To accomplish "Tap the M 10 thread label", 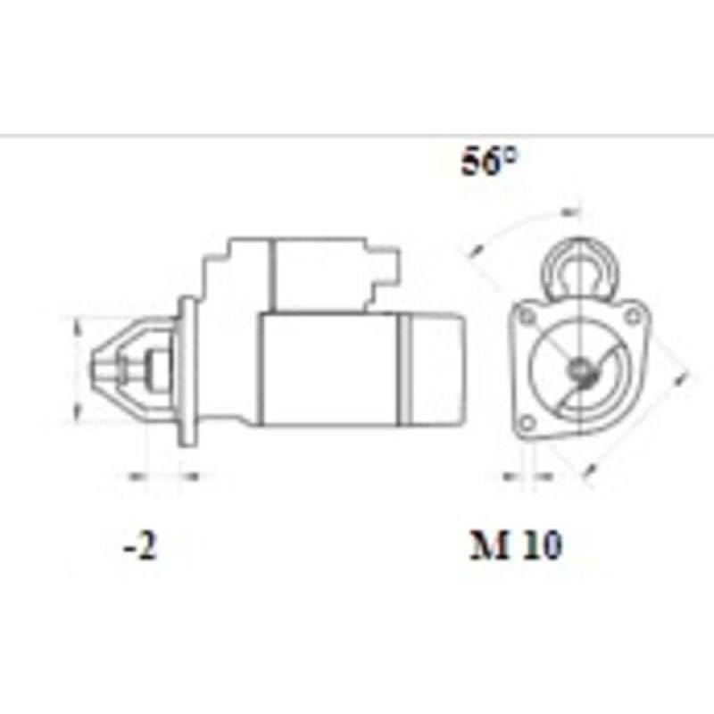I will tap(517, 545).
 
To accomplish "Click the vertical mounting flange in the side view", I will tap(188, 370).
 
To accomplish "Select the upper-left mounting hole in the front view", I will tap(527, 317).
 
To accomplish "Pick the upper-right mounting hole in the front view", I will tap(633, 315).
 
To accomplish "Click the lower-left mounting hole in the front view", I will tap(527, 421).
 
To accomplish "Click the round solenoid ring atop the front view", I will tap(581, 264).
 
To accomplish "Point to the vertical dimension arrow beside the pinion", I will tap(76, 369).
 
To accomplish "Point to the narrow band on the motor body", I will tap(403, 368).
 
